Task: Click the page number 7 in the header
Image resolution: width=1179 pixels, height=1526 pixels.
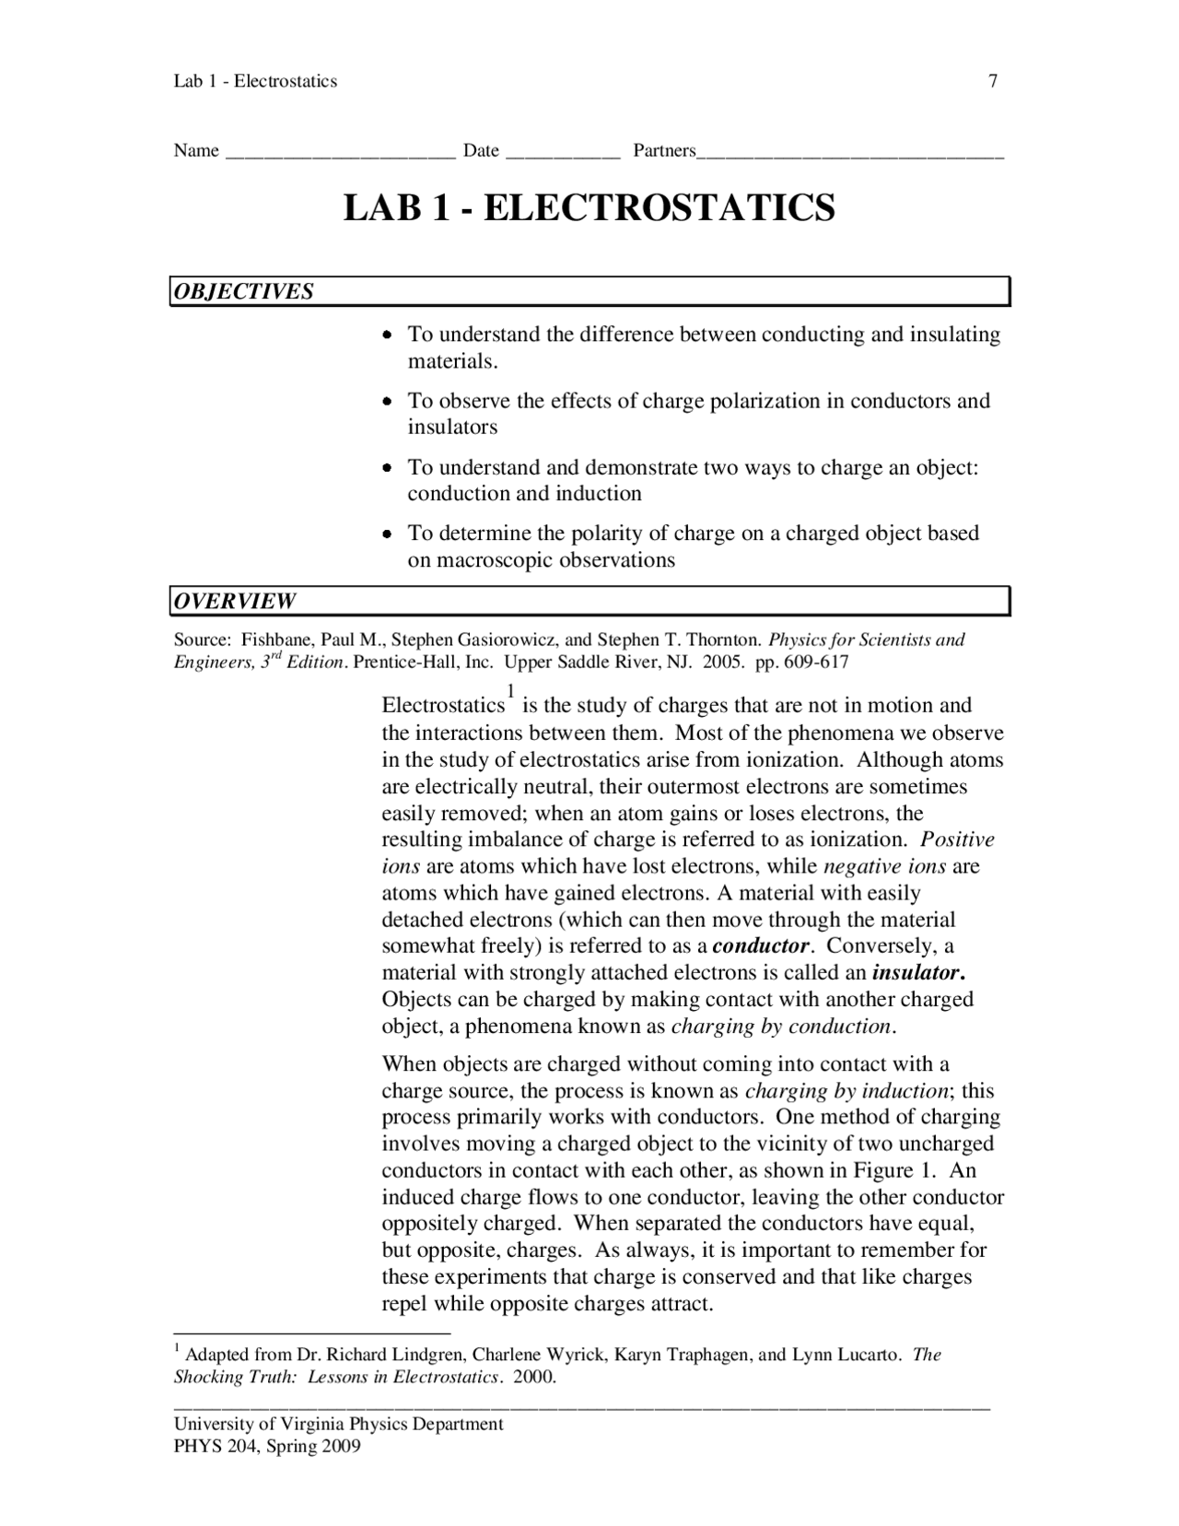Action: pos(993,81)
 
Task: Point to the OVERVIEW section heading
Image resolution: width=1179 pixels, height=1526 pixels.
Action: pos(236,602)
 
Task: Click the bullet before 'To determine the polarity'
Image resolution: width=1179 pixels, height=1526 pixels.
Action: pos(389,534)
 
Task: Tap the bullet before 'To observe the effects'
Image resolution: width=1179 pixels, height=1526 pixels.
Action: pos(389,402)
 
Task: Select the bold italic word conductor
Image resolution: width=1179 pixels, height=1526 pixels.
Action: pos(761,946)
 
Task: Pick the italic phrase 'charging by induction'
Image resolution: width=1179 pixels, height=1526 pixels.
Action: pos(846,1091)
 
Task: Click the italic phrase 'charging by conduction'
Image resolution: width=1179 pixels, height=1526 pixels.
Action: pos(781,1027)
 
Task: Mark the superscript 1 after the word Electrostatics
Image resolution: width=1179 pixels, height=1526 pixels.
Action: pos(510,691)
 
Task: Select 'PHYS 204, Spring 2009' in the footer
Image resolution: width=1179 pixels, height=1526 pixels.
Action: pos(267,1447)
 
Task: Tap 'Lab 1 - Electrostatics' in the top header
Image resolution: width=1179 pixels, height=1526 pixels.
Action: pos(255,81)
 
